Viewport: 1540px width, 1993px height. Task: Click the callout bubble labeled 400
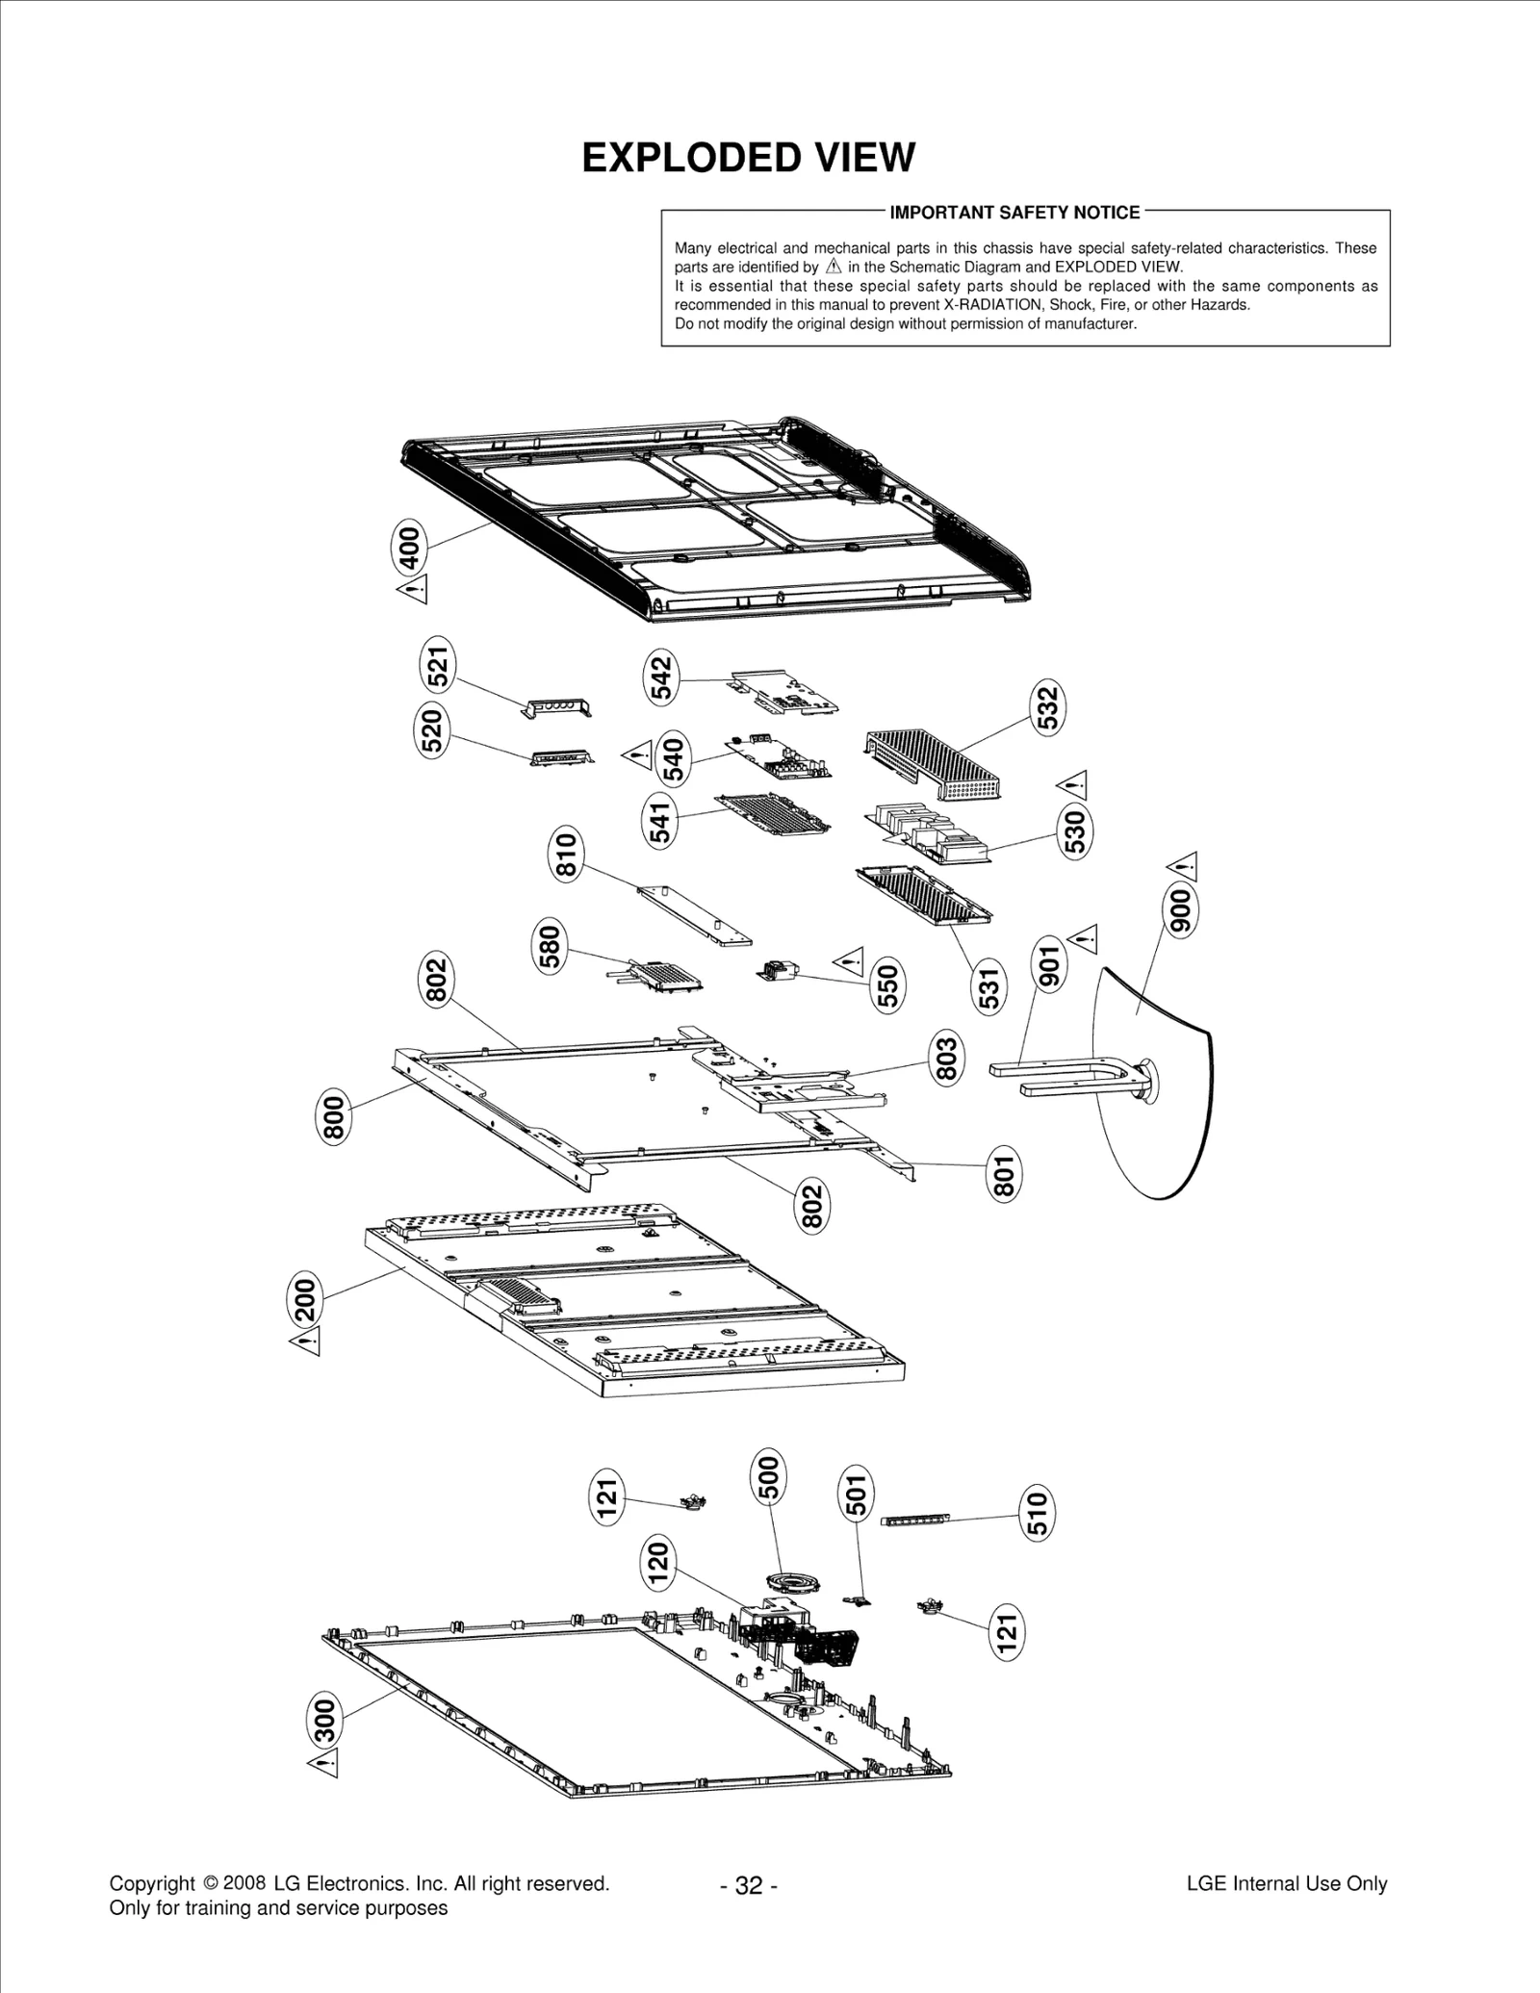click(409, 547)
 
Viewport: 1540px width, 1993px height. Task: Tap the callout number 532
click(1048, 708)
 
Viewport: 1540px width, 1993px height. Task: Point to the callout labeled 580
click(550, 947)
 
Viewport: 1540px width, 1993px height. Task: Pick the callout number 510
click(1037, 1514)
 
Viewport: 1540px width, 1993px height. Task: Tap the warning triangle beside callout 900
click(1183, 866)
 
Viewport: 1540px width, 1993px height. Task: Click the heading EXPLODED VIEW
click(748, 158)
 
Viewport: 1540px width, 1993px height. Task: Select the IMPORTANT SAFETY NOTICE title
click(1014, 213)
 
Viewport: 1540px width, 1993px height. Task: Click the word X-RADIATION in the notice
click(992, 305)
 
